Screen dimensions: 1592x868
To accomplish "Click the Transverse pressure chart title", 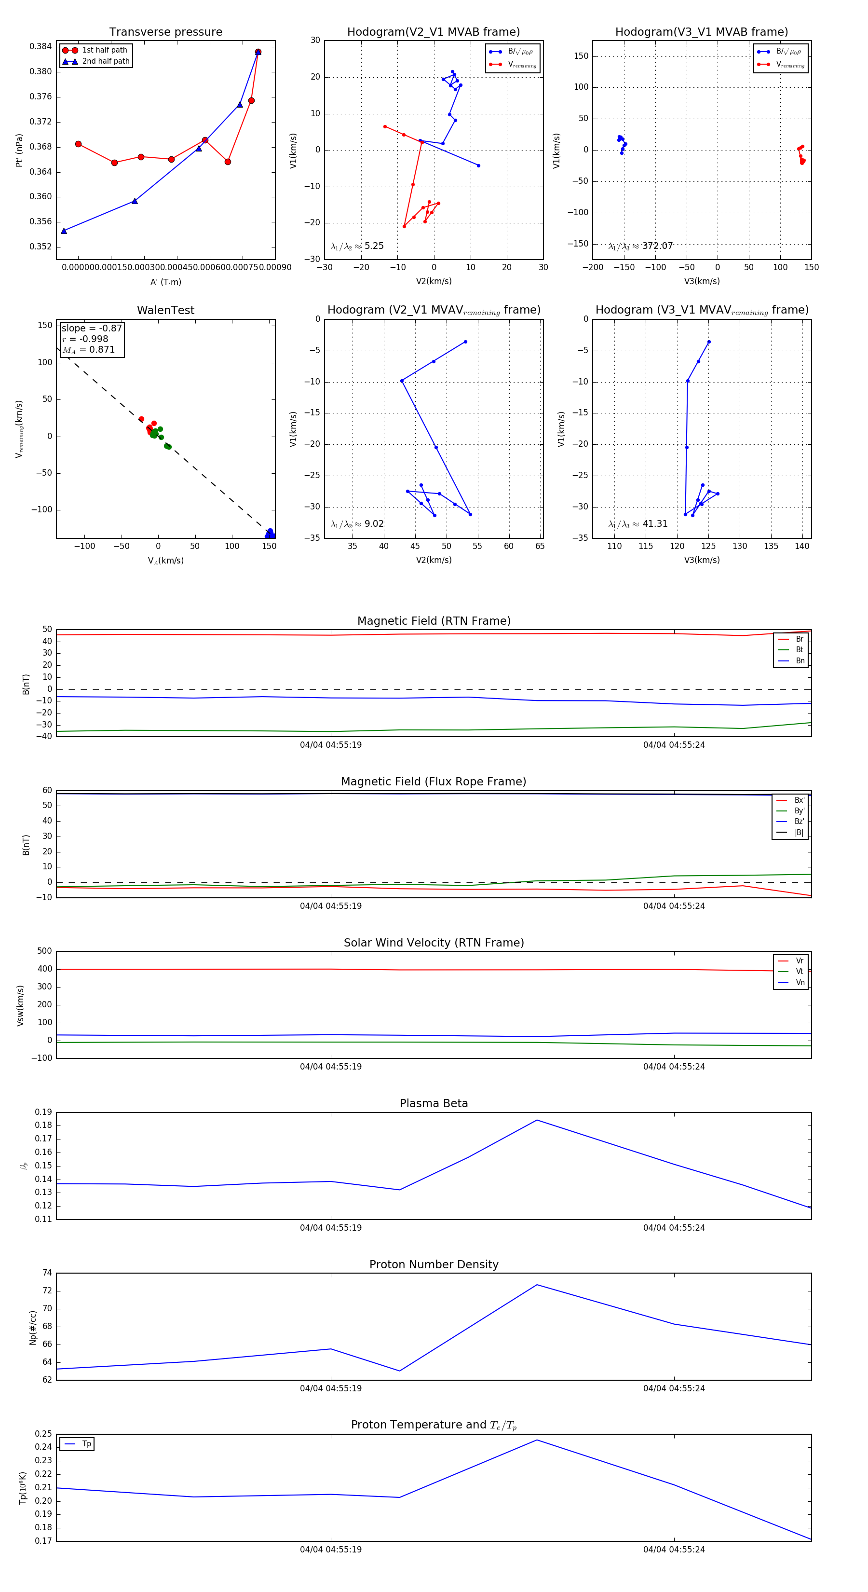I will pos(165,32).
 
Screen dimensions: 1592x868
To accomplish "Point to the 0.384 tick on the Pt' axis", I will pos(41,46).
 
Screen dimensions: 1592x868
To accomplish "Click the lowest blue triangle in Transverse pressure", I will pos(64,231).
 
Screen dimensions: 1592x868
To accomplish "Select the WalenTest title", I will pos(165,310).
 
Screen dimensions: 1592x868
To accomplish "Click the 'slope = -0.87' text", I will pos(92,328).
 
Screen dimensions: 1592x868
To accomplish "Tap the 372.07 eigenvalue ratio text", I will pos(657,246).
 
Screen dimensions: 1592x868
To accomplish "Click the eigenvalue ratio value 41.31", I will pos(655,524).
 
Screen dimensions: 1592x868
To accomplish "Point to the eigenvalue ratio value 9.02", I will pos(374,524).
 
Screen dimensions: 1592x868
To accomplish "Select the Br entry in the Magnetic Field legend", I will pos(799,639).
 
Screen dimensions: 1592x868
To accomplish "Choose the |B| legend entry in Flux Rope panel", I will pos(799,833).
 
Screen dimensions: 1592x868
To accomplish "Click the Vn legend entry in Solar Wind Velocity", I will pos(800,983).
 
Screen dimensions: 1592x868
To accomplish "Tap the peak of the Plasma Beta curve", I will pos(537,1120).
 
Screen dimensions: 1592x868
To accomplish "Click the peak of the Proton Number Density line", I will pos(537,1285).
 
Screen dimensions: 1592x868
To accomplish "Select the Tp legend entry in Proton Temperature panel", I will pos(86,1444).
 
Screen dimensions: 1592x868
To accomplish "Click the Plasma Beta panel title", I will pos(434,1103).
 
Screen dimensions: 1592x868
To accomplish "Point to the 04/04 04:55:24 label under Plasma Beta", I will pos(673,1227).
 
